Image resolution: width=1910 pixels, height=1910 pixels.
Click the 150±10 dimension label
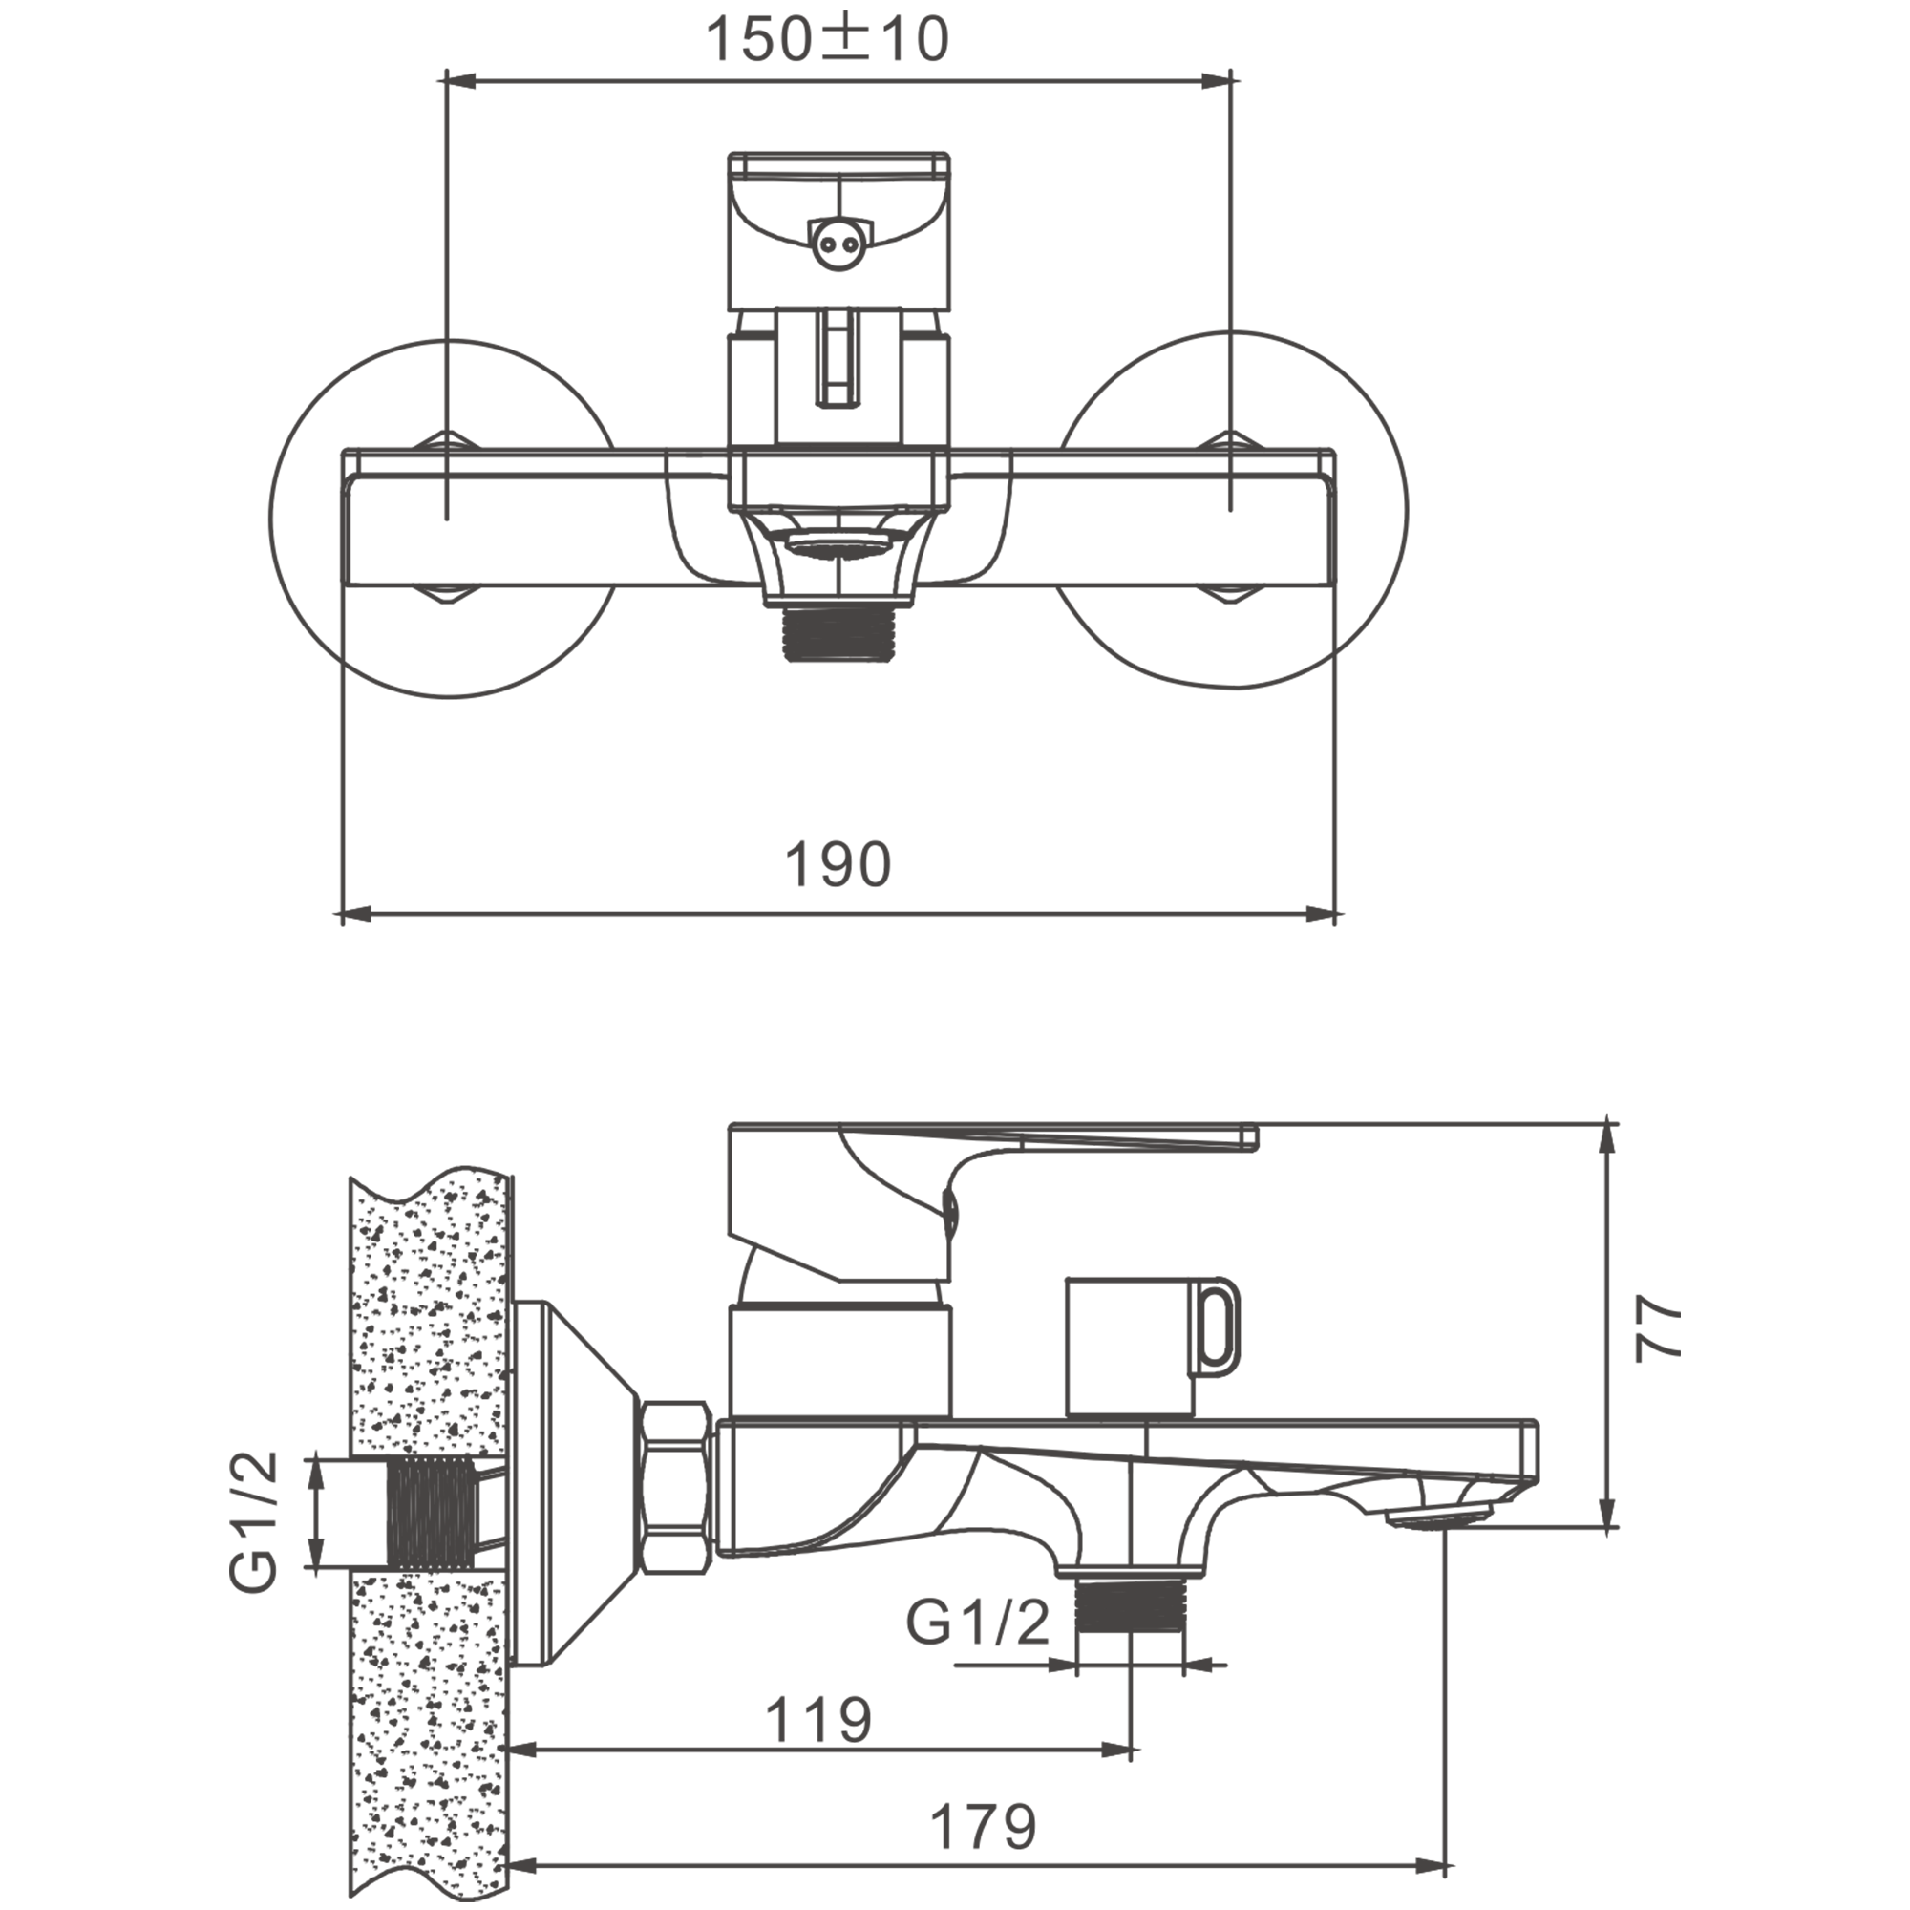[x=826, y=40]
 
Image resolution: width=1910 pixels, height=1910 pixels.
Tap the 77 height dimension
[x=1658, y=1328]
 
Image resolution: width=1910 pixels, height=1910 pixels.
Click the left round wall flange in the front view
[x=445, y=518]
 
